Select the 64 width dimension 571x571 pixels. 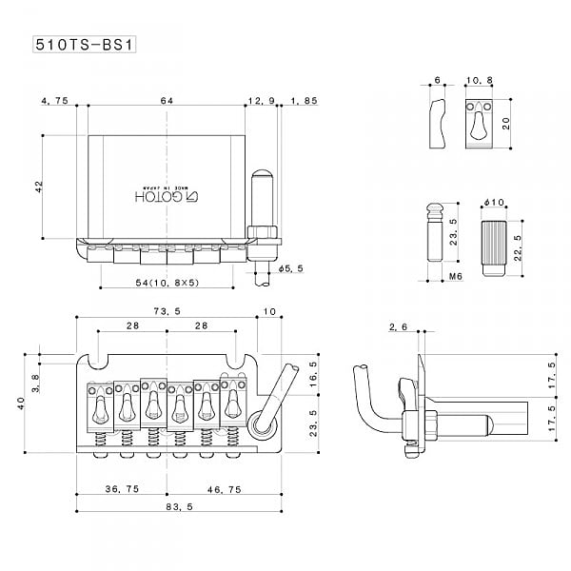coord(167,100)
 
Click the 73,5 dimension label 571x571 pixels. coord(167,311)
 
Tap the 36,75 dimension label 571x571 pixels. coord(123,487)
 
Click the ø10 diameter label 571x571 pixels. coord(493,203)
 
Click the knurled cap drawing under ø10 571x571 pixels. coord(491,245)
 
